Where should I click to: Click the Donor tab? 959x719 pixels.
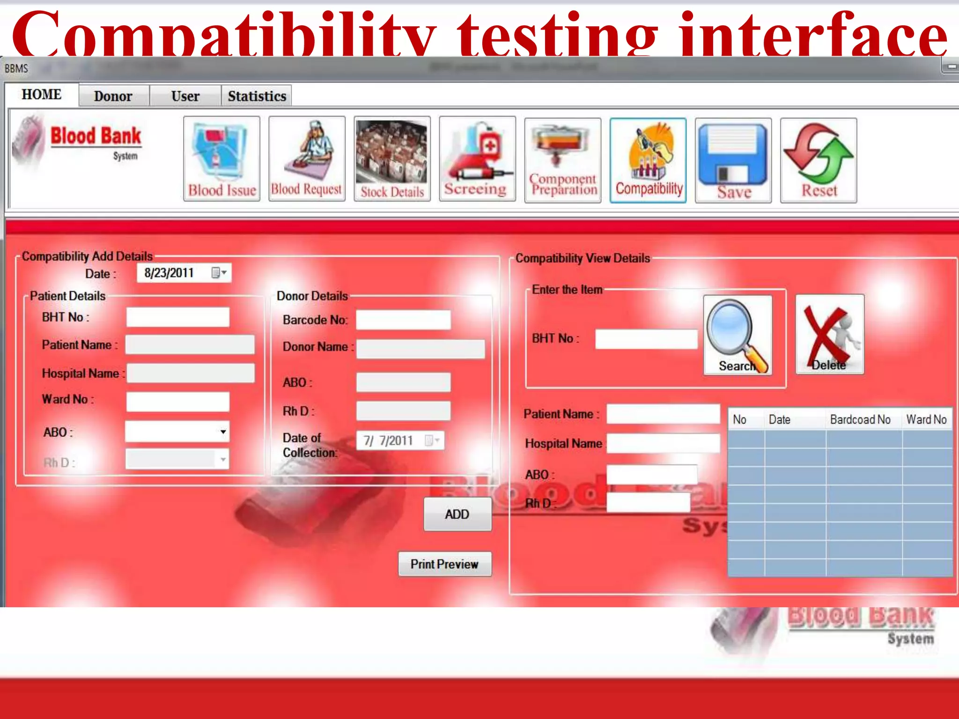[x=113, y=96]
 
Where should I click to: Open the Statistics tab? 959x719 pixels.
[x=257, y=96]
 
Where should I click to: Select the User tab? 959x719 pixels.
[x=185, y=96]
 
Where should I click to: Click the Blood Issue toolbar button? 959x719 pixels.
[x=221, y=159]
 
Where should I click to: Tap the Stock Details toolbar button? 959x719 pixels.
[x=392, y=159]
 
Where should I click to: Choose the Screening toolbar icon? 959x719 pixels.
[x=477, y=159]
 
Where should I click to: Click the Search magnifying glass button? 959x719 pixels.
[x=738, y=335]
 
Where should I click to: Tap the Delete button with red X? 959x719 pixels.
[x=830, y=334]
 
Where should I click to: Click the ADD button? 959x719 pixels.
[x=457, y=514]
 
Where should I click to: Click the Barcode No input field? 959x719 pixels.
[x=403, y=320]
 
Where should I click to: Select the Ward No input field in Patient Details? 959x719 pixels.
[x=178, y=402]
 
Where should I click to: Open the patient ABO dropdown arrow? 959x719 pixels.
[x=223, y=432]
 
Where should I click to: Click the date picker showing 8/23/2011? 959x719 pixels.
[x=184, y=273]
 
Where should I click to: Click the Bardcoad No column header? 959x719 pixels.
[x=860, y=419]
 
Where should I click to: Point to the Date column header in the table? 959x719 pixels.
[x=780, y=419]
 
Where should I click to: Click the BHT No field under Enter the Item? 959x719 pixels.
[x=646, y=339]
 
